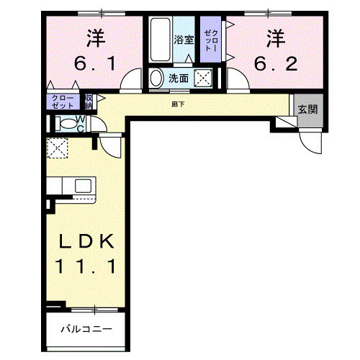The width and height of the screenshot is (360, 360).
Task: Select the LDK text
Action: pyautogui.click(x=86, y=241)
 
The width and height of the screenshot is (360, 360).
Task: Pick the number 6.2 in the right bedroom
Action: pyautogui.click(x=274, y=64)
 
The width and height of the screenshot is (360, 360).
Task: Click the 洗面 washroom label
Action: pyautogui.click(x=179, y=78)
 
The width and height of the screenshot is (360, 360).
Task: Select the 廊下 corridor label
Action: pyautogui.click(x=177, y=105)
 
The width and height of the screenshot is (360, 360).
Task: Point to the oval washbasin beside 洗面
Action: pyautogui.click(x=156, y=78)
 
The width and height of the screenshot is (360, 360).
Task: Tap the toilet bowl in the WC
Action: pyautogui.click(x=67, y=123)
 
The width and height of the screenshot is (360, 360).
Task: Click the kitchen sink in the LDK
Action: pyautogui.click(x=83, y=186)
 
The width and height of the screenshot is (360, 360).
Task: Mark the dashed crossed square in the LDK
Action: pyautogui.click(x=56, y=149)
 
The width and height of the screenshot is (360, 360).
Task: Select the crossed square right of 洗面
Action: pyautogui.click(x=204, y=78)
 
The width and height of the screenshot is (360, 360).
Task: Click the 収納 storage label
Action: pyautogui.click(x=89, y=102)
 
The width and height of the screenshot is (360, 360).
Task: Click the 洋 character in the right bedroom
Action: pyautogui.click(x=274, y=35)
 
